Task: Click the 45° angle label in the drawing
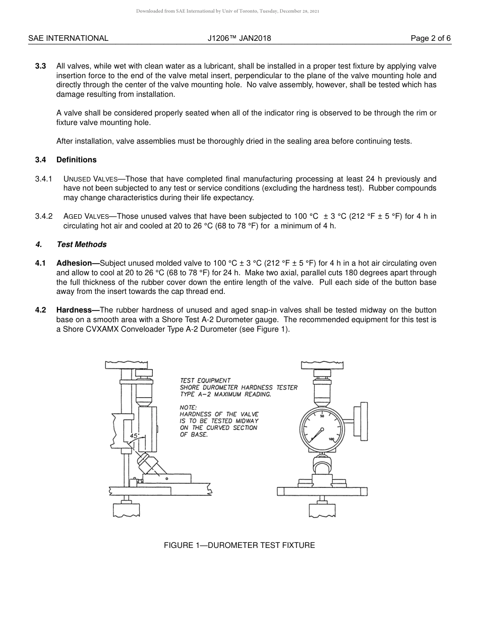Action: click(x=134, y=436)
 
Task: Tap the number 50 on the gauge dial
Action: click(x=322, y=416)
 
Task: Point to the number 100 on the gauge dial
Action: click(x=331, y=440)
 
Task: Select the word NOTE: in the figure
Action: click(x=189, y=407)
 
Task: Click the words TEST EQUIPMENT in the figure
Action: click(x=205, y=381)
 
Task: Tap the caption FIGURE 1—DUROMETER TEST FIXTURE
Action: click(x=239, y=545)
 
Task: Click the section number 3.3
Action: click(x=41, y=66)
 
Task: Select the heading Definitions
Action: click(x=76, y=160)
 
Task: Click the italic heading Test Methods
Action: click(x=82, y=244)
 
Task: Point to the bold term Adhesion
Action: click(x=76, y=263)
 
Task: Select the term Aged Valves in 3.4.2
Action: click(x=86, y=216)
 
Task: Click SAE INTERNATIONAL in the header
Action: click(x=68, y=38)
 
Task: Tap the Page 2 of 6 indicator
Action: click(x=431, y=38)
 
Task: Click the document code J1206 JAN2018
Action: click(x=239, y=38)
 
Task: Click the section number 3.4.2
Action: click(x=44, y=216)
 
